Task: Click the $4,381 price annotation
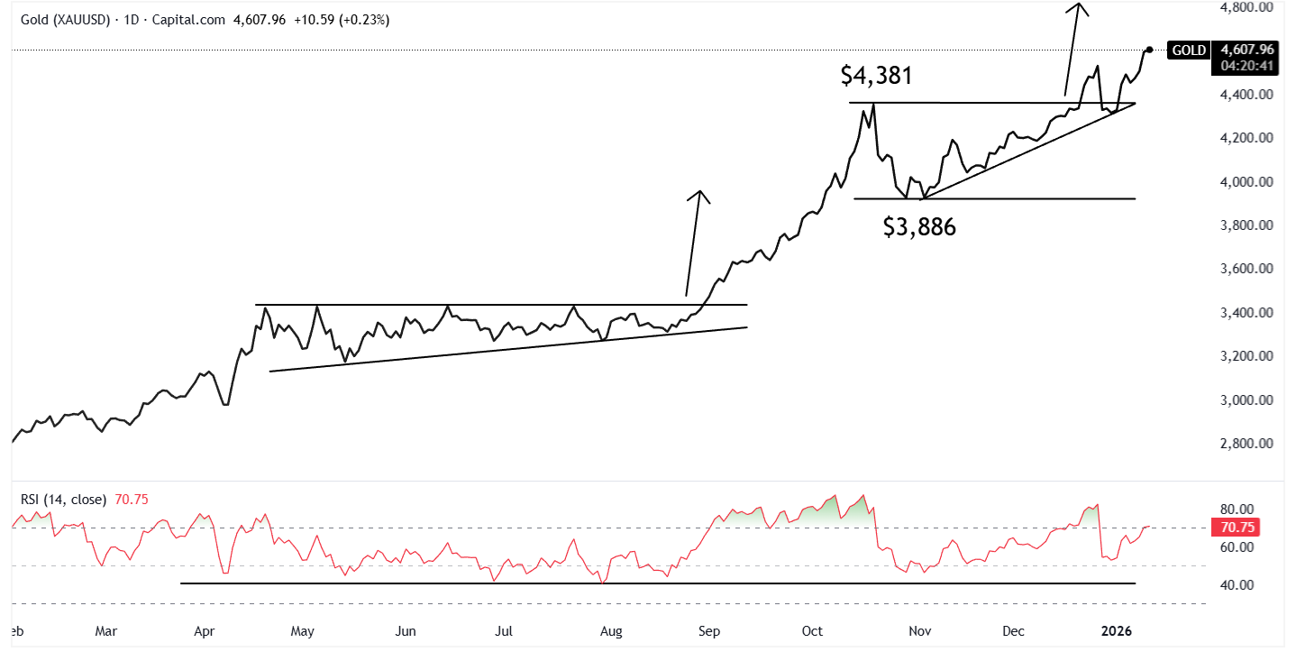876,76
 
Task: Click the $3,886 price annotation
919,227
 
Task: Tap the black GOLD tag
1189,50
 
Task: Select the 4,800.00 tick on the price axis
1246,7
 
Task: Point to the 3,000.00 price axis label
1246,400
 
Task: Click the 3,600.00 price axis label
1246,269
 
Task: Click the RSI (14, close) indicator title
59,499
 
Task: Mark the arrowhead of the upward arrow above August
699,194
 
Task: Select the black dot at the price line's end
1149,50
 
